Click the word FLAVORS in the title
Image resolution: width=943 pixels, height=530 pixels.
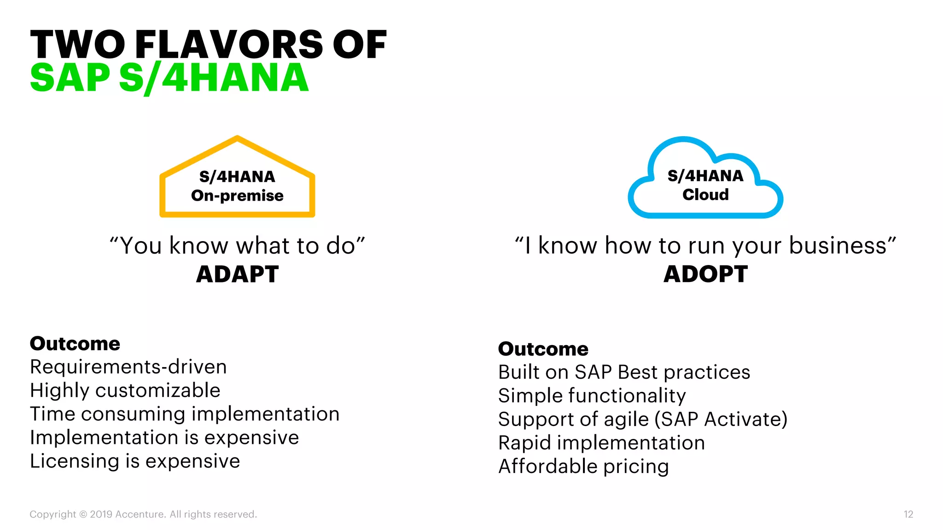click(x=229, y=45)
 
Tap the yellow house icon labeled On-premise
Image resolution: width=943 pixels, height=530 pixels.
click(x=237, y=177)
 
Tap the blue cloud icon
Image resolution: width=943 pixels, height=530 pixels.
click(x=705, y=179)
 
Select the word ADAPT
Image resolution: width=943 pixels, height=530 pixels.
click(x=237, y=274)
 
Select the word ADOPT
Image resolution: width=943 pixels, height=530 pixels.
click(x=705, y=274)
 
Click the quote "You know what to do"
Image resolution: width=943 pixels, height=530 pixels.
click(x=237, y=246)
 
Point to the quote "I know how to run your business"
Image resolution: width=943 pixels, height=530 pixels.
click(x=705, y=246)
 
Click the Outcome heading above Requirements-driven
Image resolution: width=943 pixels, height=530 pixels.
click(x=75, y=344)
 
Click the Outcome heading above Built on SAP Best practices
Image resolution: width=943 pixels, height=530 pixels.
click(x=543, y=349)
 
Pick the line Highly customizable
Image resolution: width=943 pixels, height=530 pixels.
click(x=125, y=391)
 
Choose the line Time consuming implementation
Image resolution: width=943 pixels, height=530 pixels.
click(x=185, y=414)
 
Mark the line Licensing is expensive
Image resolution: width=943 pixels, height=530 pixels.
click(x=135, y=461)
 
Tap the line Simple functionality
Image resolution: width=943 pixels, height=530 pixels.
click(x=592, y=396)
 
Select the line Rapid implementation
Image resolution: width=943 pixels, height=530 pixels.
click(x=601, y=443)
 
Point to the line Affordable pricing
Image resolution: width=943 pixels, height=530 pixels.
click(x=583, y=467)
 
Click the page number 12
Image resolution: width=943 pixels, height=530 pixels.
click(x=908, y=514)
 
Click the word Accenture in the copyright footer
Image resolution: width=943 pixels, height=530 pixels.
click(x=140, y=514)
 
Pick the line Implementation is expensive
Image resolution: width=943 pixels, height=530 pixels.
click(x=164, y=438)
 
